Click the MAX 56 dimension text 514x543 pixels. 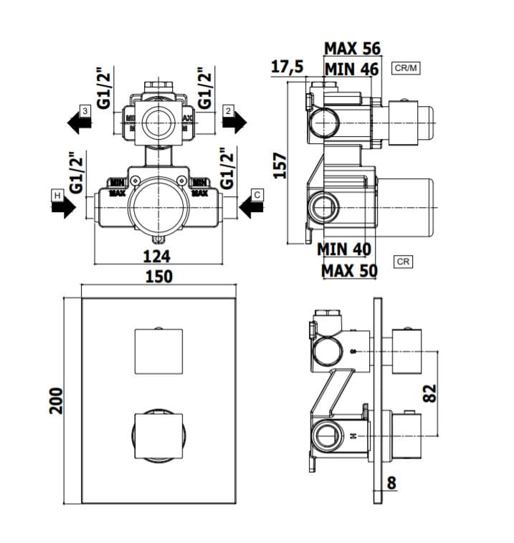353,49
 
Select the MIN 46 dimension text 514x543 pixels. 352,69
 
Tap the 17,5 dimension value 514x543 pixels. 287,67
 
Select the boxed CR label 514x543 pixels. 403,262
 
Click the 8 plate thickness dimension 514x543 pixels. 391,483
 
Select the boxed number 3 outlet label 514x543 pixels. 85,110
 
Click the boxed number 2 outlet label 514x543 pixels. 228,110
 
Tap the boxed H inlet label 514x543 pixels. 57,195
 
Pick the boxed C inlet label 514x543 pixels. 257,194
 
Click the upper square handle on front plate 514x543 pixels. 158,351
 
